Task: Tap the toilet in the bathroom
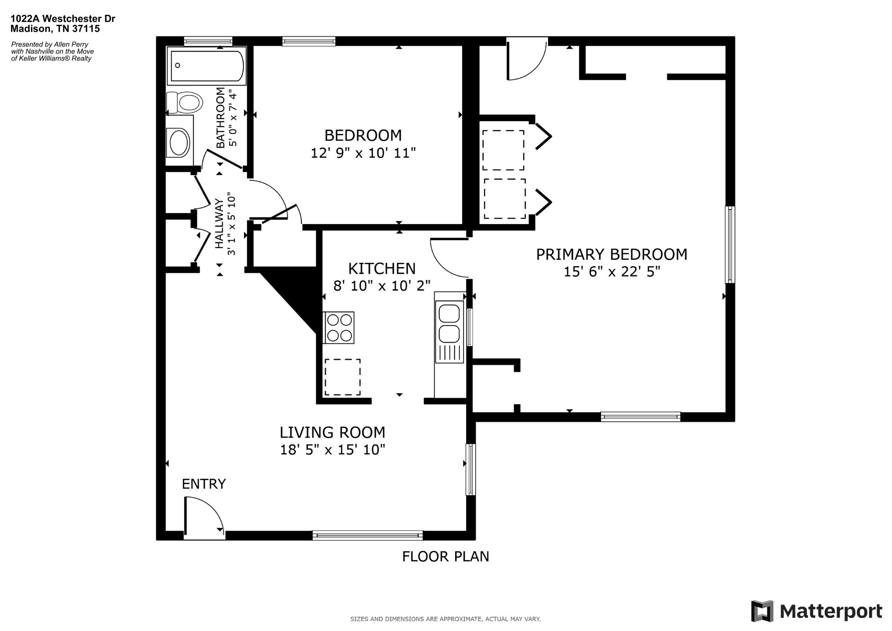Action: [x=185, y=103]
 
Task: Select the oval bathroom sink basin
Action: [x=179, y=142]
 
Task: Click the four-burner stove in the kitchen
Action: [x=339, y=328]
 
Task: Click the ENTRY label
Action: [x=204, y=484]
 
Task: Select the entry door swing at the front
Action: [x=204, y=516]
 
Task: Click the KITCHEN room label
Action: [x=382, y=268]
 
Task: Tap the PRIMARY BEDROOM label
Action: [x=612, y=254]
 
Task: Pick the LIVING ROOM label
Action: [x=332, y=432]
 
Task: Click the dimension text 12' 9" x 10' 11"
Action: [x=363, y=153]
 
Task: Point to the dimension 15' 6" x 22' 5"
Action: [x=612, y=272]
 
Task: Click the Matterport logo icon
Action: [x=762, y=611]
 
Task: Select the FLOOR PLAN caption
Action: [x=446, y=556]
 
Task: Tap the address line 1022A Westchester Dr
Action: [x=63, y=19]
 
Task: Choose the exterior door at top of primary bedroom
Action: [x=527, y=59]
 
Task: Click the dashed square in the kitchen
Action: [x=342, y=377]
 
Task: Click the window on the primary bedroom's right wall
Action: [x=730, y=245]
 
